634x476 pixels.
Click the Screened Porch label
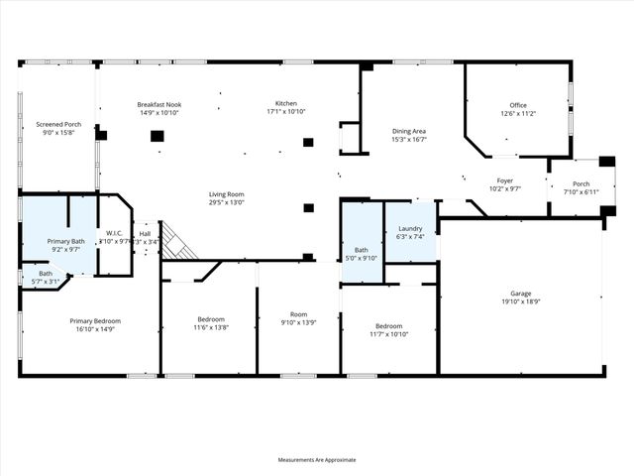click(x=58, y=124)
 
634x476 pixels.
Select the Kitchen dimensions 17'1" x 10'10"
click(x=286, y=112)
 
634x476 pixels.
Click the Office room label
click(x=518, y=104)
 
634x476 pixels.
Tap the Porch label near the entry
click(x=581, y=183)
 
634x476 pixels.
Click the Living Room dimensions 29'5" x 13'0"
click(x=226, y=202)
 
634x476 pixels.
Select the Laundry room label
click(x=409, y=228)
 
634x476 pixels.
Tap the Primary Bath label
click(x=68, y=242)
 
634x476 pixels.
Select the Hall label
click(x=145, y=233)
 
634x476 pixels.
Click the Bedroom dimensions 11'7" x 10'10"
click(x=388, y=334)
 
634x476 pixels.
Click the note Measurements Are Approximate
click(x=317, y=459)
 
